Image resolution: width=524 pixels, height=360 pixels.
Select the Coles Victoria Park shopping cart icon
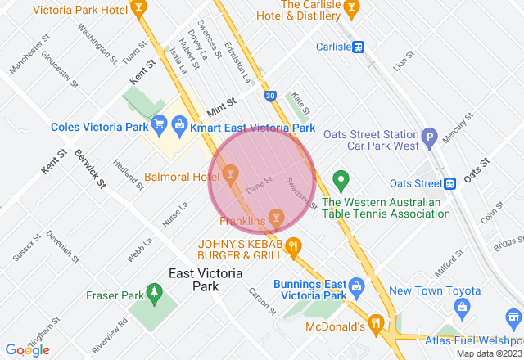point(160,125)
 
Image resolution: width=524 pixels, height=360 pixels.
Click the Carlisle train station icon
point(359,47)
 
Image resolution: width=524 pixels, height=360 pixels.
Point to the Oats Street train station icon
point(449,183)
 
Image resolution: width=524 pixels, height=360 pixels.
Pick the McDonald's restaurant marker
point(376,322)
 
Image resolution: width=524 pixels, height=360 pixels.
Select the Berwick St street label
point(90,168)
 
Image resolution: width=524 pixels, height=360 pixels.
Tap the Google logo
point(27,350)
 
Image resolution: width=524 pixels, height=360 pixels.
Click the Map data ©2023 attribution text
point(488,353)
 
